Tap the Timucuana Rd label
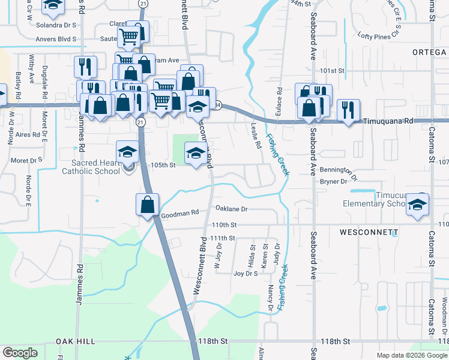(x=388, y=121)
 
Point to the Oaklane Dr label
(x=231, y=209)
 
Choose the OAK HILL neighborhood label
(x=76, y=341)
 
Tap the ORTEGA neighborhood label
(x=430, y=52)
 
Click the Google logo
(x=20, y=353)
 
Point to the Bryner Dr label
(x=334, y=181)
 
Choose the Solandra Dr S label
(x=56, y=25)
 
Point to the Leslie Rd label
(x=255, y=136)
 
